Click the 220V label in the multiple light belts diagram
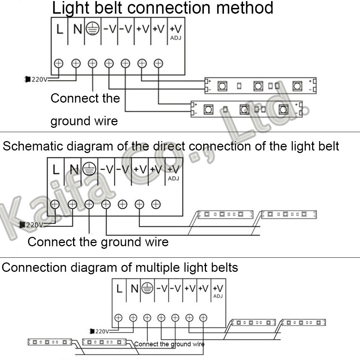[x=102, y=331]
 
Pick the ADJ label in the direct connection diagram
[x=173, y=178]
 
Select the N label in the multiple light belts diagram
[x=134, y=288]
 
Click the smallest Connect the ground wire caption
[x=169, y=344]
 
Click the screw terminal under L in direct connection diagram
[x=55, y=204]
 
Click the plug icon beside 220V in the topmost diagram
[x=27, y=79]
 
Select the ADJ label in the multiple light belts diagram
[x=218, y=296]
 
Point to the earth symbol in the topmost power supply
[x=93, y=29]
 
